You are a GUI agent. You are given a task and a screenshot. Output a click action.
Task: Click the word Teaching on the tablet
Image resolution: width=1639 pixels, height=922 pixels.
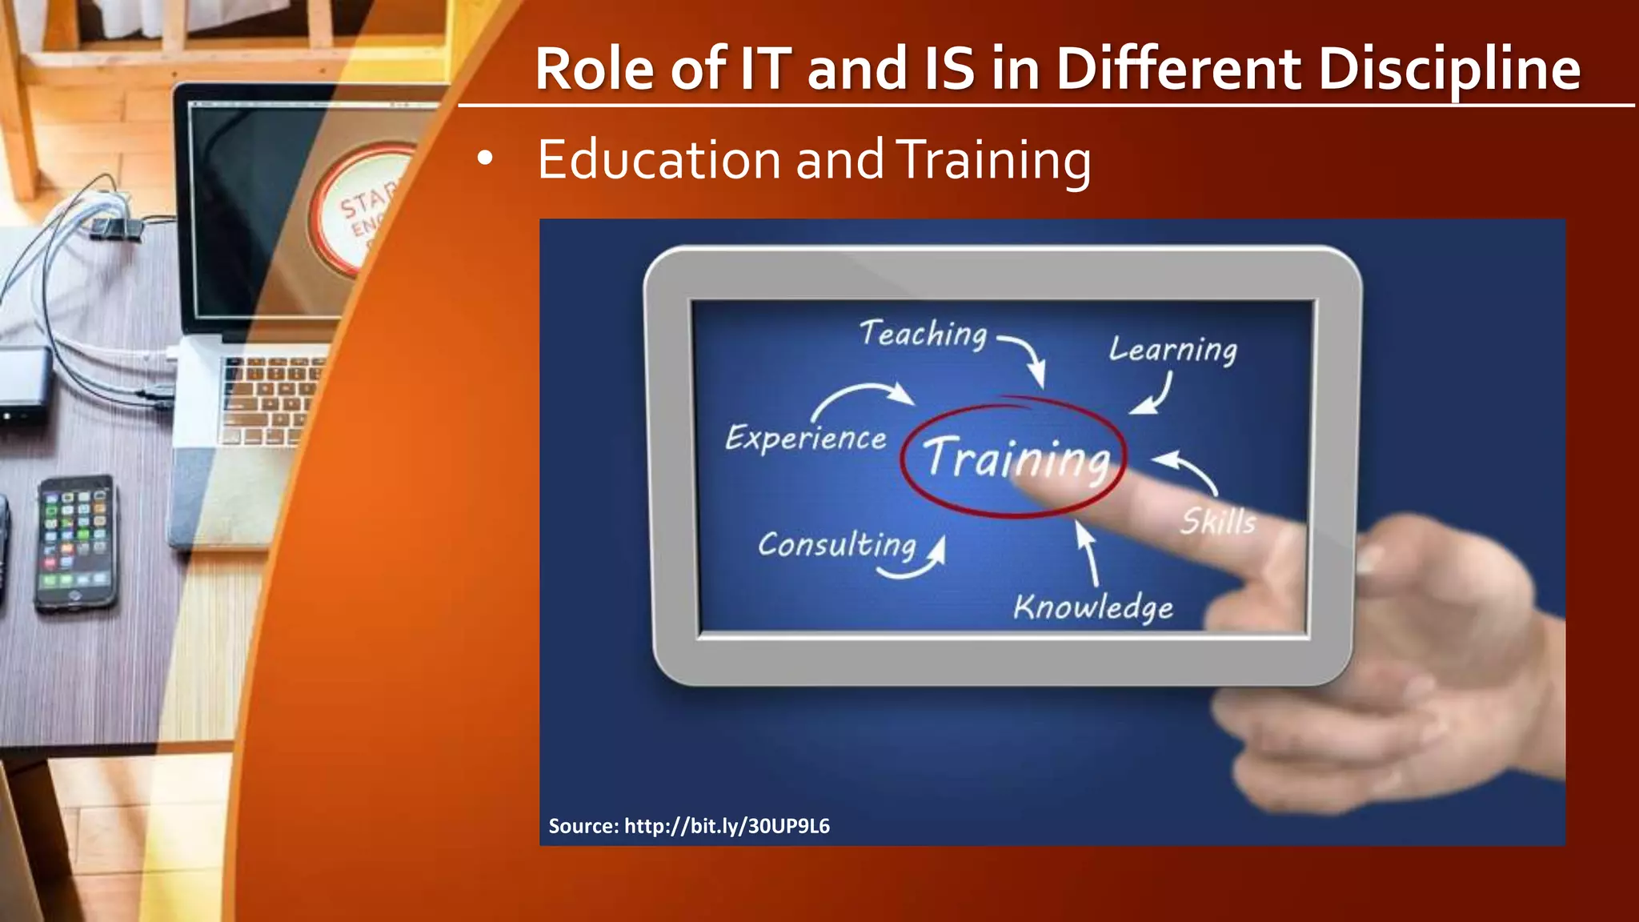click(x=923, y=334)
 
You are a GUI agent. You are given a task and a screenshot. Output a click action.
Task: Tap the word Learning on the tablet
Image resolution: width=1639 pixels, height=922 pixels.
click(x=1172, y=350)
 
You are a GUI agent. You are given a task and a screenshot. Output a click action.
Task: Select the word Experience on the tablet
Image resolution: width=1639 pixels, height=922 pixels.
click(x=805, y=439)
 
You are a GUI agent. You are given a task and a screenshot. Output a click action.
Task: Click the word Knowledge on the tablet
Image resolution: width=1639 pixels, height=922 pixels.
click(x=1093, y=607)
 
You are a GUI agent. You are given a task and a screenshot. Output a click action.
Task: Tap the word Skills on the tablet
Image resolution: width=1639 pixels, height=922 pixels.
click(x=1218, y=522)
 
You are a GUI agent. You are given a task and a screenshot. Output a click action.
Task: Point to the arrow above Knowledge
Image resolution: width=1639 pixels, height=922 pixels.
click(x=1088, y=552)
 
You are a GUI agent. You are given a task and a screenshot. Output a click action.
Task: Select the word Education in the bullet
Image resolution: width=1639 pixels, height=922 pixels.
click(x=657, y=160)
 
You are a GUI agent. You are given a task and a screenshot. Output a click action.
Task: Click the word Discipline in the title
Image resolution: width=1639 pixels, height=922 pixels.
click(x=1449, y=69)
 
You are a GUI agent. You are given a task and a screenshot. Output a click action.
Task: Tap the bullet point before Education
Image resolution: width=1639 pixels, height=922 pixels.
click(x=484, y=159)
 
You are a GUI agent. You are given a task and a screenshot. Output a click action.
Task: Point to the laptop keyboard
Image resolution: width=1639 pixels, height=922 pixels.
click(x=268, y=400)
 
